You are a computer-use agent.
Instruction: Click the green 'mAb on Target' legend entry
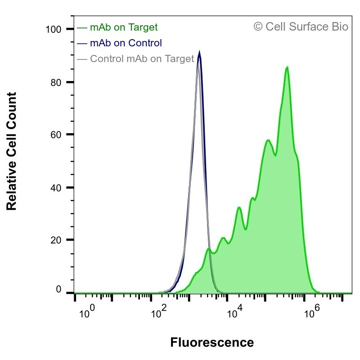click(x=117, y=27)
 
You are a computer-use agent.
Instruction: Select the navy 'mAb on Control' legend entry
click(x=119, y=43)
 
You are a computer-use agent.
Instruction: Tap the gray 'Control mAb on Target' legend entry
click(x=135, y=59)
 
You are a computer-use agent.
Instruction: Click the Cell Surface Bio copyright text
click(x=301, y=27)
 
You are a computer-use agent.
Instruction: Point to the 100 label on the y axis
click(x=53, y=30)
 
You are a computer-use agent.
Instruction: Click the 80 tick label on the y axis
click(x=56, y=82)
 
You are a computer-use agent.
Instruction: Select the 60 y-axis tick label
click(x=56, y=135)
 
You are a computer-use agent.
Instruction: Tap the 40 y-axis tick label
click(x=56, y=188)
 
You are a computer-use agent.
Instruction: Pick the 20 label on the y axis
click(x=56, y=240)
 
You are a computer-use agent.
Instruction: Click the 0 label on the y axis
click(x=58, y=289)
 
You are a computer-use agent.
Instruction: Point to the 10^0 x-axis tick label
click(x=87, y=311)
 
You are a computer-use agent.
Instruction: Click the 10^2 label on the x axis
click(x=159, y=311)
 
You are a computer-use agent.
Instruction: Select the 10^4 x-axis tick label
click(x=234, y=311)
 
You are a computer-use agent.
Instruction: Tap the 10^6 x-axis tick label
click(x=312, y=311)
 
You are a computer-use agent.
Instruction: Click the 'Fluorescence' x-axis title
click(x=212, y=342)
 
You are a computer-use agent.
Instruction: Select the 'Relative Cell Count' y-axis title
click(x=12, y=151)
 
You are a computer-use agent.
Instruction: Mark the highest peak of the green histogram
click(x=287, y=67)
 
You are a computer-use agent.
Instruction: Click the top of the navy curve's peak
click(x=199, y=52)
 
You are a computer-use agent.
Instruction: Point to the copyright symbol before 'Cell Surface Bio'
click(x=258, y=27)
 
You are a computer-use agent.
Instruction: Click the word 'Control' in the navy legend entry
click(x=145, y=43)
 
